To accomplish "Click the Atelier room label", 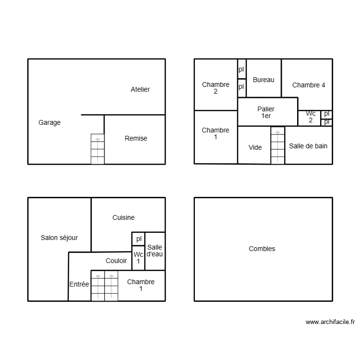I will pos(140,89).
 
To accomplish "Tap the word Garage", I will pos(49,122).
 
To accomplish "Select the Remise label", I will pos(136,138).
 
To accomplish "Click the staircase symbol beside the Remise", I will pos(97,149).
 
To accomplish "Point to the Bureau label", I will pos(264,80).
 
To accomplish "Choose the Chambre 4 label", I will pos(309,85).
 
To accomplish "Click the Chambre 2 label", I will pos(216,88).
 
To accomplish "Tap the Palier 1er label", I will pos(266,112).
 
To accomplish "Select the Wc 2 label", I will pos(311,117).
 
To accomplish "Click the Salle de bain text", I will pos(308,146).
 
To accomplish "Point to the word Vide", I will pos(255,147).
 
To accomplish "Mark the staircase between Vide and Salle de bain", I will pos(277,145).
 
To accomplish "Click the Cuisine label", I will pos(123,217).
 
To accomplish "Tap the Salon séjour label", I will pos(59,238).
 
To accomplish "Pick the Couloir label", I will pos(116,261).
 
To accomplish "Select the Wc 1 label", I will pos(138,258).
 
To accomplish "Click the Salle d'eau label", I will pos(155,251).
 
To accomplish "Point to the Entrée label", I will pos(79,284).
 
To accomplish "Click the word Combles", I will pos(262,249).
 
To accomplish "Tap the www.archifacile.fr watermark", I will pos(330,322).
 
